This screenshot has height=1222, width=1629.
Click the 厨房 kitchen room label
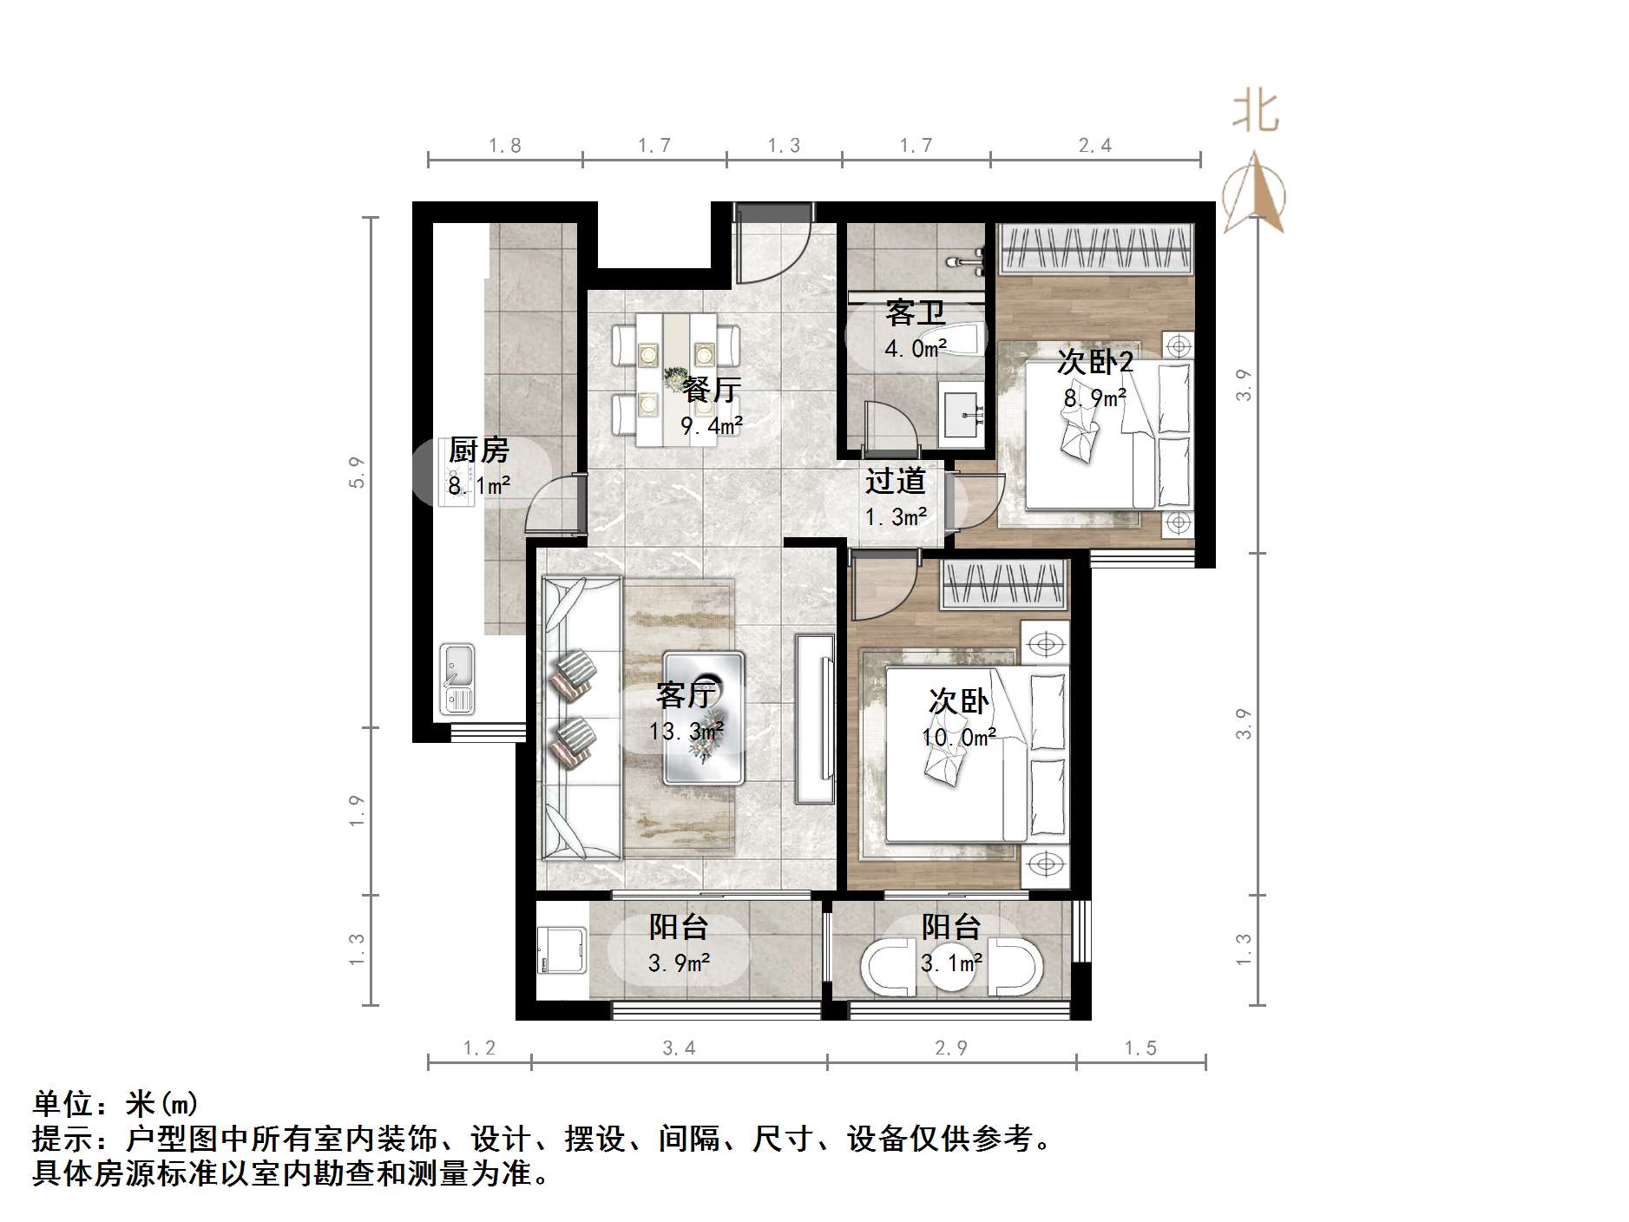(x=478, y=450)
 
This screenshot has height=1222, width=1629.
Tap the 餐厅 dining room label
(x=711, y=390)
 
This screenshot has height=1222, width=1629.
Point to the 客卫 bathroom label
(x=915, y=313)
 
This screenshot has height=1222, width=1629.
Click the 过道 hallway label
(x=895, y=481)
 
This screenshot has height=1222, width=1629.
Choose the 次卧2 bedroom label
(x=1094, y=362)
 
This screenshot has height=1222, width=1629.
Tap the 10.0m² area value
(x=958, y=738)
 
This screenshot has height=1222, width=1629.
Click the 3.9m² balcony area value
(x=680, y=962)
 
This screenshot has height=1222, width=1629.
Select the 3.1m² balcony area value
(x=951, y=962)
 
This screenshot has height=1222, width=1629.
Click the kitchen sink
(x=457, y=679)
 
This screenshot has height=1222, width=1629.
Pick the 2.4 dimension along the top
(x=1094, y=146)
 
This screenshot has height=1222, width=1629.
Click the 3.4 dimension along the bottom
(x=679, y=1048)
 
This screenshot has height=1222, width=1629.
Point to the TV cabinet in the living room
(x=814, y=719)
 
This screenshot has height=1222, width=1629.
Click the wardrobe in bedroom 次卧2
(x=1095, y=248)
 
